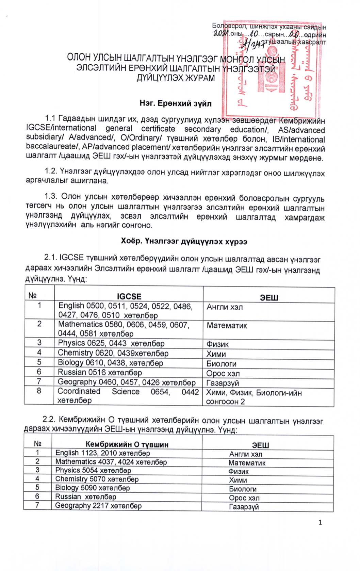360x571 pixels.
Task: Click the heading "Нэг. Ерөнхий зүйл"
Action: [x=176, y=103]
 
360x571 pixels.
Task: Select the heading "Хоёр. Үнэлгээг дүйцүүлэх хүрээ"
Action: [x=184, y=241]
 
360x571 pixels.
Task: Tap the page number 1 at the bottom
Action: [x=320, y=522]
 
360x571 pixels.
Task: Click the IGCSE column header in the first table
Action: [x=129, y=296]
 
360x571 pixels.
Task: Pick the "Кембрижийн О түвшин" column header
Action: [x=127, y=444]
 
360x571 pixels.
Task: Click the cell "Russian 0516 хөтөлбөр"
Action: [x=100, y=372]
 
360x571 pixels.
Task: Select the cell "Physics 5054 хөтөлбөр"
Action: [x=93, y=470]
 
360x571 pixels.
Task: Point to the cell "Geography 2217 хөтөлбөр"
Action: [x=98, y=506]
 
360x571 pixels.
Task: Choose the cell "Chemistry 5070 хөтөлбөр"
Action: [x=97, y=479]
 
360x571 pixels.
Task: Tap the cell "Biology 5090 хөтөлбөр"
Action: [x=93, y=488]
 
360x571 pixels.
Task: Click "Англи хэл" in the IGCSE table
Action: [x=225, y=307]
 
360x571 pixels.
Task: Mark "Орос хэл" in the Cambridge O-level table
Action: [x=244, y=498]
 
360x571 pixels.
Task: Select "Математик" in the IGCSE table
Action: [x=227, y=326]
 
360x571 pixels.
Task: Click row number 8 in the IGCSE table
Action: [x=39, y=391]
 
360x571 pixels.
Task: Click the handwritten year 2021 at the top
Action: [x=222, y=33]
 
